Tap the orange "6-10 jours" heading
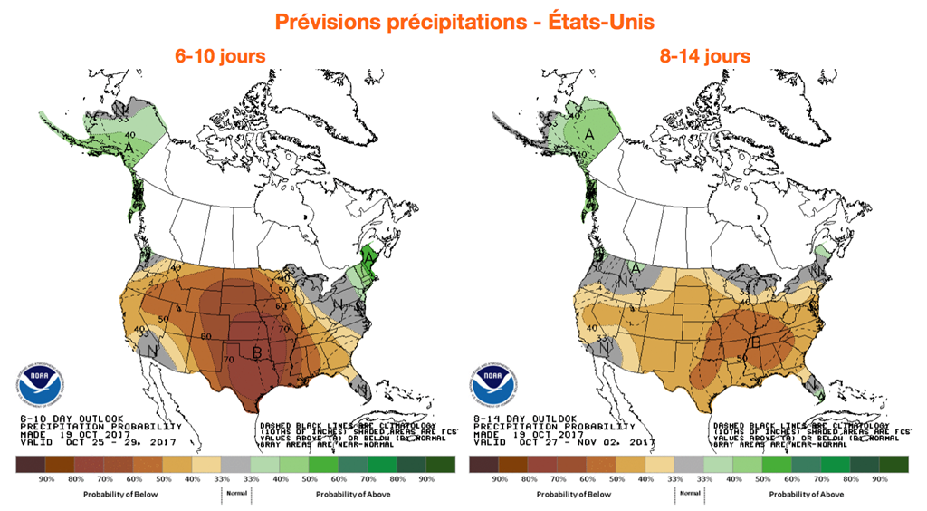tap(221, 56)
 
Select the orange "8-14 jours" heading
tap(705, 56)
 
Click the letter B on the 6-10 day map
tap(257, 352)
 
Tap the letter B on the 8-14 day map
tap(756, 342)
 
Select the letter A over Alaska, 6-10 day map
tap(129, 146)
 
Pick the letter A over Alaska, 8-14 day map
tap(589, 135)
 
